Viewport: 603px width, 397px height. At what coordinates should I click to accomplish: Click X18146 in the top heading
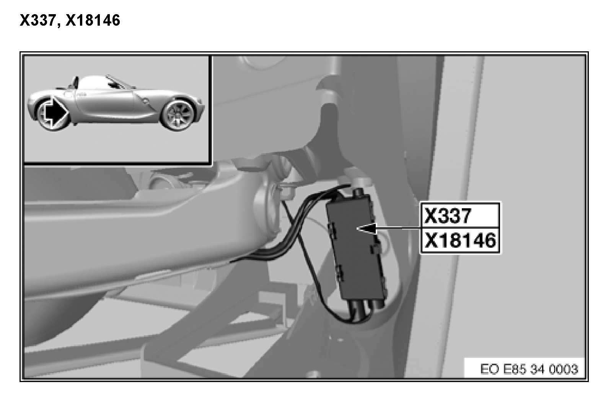[93, 20]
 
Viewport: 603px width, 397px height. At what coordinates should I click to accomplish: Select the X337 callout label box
[460, 216]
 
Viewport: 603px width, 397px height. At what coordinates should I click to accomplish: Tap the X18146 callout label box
[460, 240]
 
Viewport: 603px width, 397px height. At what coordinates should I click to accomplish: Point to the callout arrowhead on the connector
[367, 229]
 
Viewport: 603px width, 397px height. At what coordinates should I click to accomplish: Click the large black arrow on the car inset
[54, 111]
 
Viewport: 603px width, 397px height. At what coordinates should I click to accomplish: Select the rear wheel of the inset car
[177, 115]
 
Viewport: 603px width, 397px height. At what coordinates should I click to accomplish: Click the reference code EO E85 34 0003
[529, 369]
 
